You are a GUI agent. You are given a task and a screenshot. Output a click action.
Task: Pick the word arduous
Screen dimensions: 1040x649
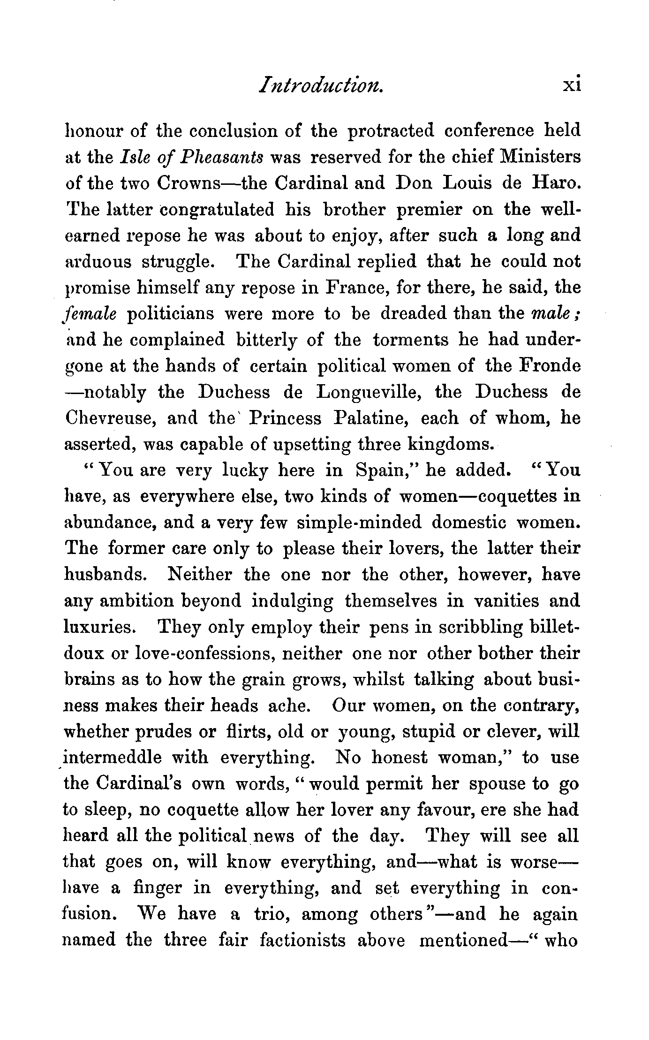coord(98,262)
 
